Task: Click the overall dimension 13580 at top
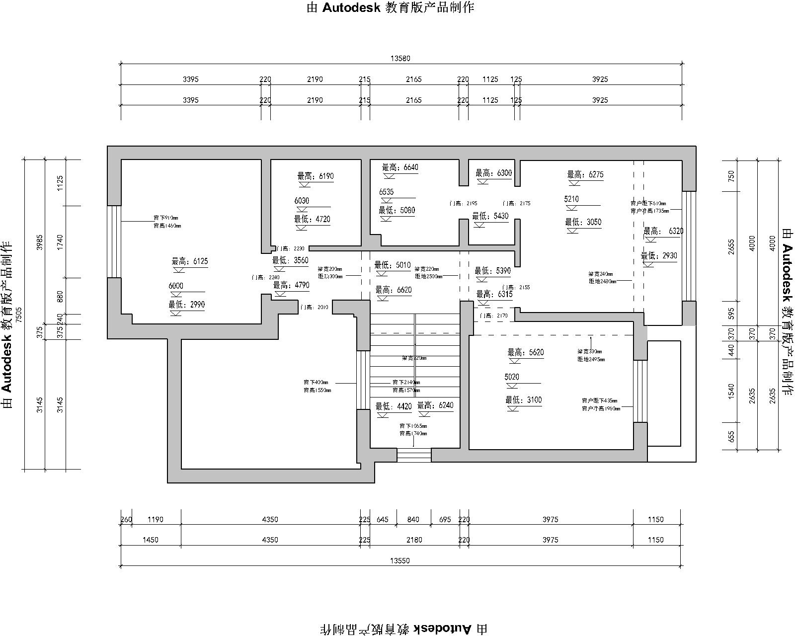coord(400,58)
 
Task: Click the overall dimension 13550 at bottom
coord(400,560)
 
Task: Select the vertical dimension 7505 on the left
coord(19,315)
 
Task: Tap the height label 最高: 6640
coord(400,167)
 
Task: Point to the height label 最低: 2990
coord(186,305)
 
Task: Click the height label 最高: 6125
coord(190,261)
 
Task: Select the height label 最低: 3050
coord(583,222)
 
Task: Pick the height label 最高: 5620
coord(525,352)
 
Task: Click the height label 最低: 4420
coord(394,406)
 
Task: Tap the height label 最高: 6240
coord(435,405)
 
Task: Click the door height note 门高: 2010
coord(315,308)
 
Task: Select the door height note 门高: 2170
coord(493,316)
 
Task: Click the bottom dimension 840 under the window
coord(413,520)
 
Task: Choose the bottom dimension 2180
coord(414,540)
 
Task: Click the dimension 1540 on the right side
coord(731,391)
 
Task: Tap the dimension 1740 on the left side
coord(61,241)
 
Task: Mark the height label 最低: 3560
coord(290,260)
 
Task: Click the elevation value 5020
coord(512,377)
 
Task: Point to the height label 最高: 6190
coord(316,176)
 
